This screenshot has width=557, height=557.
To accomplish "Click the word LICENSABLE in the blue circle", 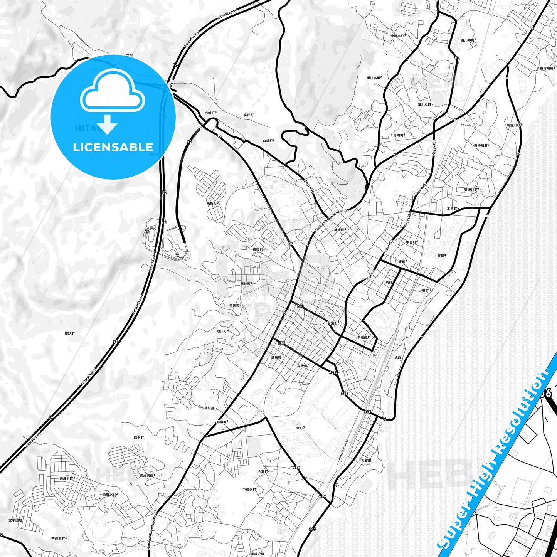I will pyautogui.click(x=113, y=147).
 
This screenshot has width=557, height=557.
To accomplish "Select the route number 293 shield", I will pyautogui.click(x=300, y=306).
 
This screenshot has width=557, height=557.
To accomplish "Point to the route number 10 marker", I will pyautogui.click(x=456, y=58).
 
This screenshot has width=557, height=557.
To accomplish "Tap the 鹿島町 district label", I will pyautogui.click(x=276, y=357).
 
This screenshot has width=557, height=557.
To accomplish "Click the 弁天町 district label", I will pyautogui.click(x=302, y=366).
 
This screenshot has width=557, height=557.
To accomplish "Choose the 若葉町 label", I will pyautogui.click(x=333, y=323).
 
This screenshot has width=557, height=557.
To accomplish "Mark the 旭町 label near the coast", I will pyautogui.click(x=398, y=357).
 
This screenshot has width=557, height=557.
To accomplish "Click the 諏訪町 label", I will pyautogui.click(x=70, y=333).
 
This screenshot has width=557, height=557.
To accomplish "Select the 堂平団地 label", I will pyautogui.click(x=15, y=520).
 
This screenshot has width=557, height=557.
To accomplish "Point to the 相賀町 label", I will pyautogui.click(x=366, y=460).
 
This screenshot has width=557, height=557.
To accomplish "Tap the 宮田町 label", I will pyautogui.click(x=248, y=115).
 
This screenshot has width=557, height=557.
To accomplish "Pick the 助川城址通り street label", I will pyautogui.click(x=207, y=407).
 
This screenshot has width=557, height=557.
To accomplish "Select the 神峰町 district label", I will pyautogui.click(x=340, y=230).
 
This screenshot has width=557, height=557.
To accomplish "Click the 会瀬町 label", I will pyautogui.click(x=263, y=471).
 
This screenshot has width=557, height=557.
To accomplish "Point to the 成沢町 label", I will pyautogui.click(x=138, y=438).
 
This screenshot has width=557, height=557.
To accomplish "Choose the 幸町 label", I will pyautogui.click(x=300, y=428).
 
